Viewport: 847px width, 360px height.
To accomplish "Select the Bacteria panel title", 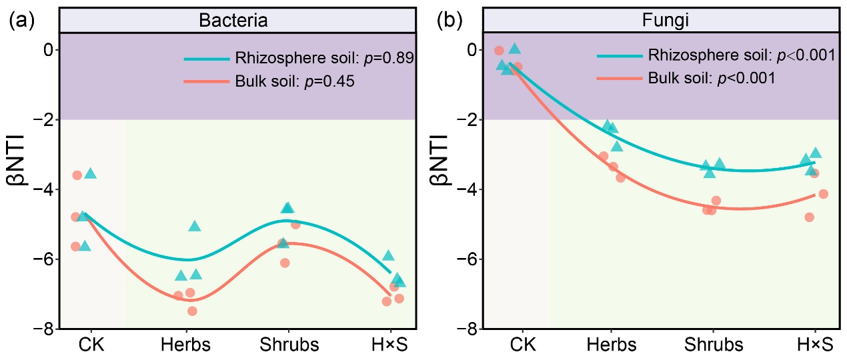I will click(x=233, y=21).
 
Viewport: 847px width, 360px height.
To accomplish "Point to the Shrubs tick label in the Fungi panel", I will click(x=714, y=345).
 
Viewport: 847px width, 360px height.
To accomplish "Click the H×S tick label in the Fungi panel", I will click(x=814, y=345).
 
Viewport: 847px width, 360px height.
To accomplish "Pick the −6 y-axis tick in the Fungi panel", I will click(x=470, y=259).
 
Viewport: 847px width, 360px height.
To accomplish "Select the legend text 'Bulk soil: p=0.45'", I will click(x=293, y=83).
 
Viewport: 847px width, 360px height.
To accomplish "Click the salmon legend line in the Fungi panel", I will click(x=619, y=78).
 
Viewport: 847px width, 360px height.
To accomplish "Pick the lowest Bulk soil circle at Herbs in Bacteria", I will click(x=192, y=311).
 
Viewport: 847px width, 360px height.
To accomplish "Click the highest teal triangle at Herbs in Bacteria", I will click(x=195, y=227).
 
